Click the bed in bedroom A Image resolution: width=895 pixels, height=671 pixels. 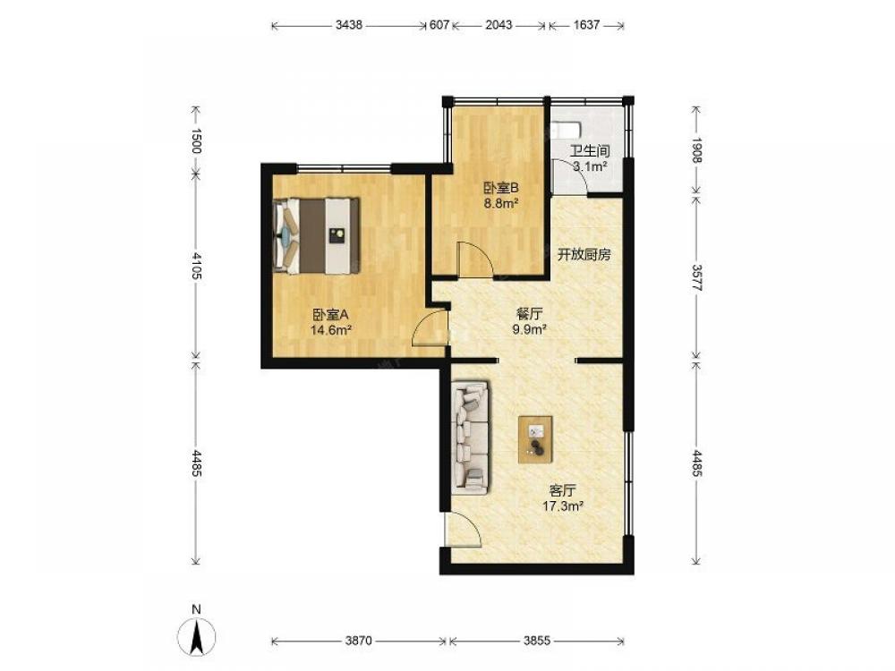coord(316,235)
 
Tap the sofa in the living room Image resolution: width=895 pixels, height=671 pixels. coord(471,437)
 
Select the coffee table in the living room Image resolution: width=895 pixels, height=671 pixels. coord(535,439)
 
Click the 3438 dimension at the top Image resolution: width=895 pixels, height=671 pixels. coord(349,25)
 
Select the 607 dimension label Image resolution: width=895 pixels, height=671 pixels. coord(439,25)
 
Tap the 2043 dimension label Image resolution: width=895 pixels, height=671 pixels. coord(499,25)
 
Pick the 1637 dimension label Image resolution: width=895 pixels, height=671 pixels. coord(586,25)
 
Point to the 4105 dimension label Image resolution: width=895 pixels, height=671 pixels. coord(196,266)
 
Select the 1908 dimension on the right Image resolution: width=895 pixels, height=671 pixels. coord(696,149)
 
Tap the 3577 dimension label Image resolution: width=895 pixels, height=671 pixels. coord(696,278)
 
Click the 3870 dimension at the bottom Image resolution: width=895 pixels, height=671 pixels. coord(359,641)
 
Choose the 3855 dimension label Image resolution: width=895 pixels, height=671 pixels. coord(536,641)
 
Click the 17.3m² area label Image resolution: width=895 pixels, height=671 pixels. coord(563,505)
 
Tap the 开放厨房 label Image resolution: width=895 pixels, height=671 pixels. coord(584,254)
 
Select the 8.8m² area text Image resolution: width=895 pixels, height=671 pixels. coord(501,202)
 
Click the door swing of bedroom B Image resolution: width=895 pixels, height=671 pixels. coord(475,259)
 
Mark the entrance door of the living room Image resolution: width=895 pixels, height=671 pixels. coord(463,529)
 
